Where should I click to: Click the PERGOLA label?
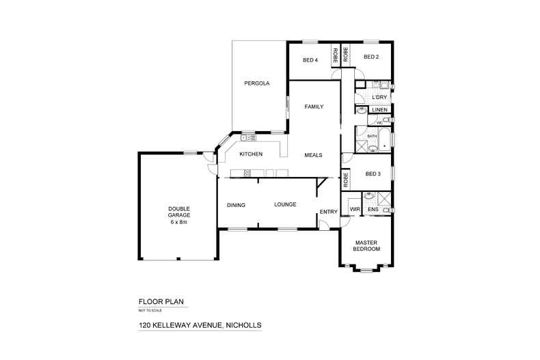[257, 83]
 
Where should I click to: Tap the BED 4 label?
[310, 59]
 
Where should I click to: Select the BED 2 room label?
[371, 57]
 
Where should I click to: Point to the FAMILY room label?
[314, 107]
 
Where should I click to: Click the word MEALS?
[313, 154]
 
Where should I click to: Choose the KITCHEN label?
[251, 154]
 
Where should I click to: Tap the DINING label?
[236, 204]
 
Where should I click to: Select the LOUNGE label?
[285, 204]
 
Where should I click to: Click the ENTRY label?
[328, 211]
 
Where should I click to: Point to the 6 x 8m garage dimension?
[178, 222]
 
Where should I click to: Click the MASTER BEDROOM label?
[366, 246]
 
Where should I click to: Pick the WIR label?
[355, 209]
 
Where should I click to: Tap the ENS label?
[373, 209]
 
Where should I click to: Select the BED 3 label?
[373, 174]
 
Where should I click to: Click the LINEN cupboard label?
[380, 110]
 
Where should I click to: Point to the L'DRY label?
[380, 97]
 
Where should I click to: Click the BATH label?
[373, 136]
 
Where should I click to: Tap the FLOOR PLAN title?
[161, 301]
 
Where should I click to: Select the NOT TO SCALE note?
[150, 310]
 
